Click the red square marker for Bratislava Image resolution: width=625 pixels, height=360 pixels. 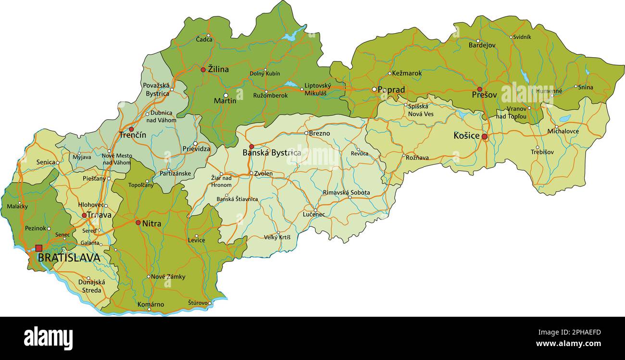pyautogui.click(x=38, y=248)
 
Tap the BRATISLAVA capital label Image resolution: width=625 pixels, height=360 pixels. pyautogui.click(x=69, y=258)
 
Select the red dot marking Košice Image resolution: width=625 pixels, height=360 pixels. pyautogui.click(x=485, y=137)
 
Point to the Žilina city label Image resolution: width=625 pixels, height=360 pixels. pyautogui.click(x=218, y=69)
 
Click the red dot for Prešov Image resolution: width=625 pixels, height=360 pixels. pyautogui.click(x=479, y=89)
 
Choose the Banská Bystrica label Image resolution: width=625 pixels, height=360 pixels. pyautogui.click(x=272, y=153)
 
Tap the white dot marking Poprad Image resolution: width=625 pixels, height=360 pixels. pyautogui.click(x=374, y=89)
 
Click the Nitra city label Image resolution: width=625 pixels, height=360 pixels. pyautogui.click(x=151, y=223)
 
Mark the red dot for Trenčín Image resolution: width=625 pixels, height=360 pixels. pyautogui.click(x=131, y=129)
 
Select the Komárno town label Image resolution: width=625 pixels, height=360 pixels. pyautogui.click(x=150, y=304)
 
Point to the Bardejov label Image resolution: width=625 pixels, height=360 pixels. pyautogui.click(x=482, y=45)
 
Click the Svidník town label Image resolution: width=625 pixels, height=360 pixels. pyautogui.click(x=522, y=37)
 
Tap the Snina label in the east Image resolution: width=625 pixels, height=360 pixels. pyautogui.click(x=586, y=87)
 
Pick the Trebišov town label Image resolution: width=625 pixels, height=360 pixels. pyautogui.click(x=542, y=152)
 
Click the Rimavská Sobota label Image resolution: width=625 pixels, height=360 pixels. pyautogui.click(x=346, y=192)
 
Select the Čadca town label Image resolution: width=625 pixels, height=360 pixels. pyautogui.click(x=204, y=39)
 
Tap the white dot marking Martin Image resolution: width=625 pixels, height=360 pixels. pyautogui.click(x=226, y=95)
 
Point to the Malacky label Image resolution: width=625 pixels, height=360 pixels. pyautogui.click(x=17, y=207)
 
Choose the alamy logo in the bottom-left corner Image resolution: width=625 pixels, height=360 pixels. pyautogui.click(x=49, y=338)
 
